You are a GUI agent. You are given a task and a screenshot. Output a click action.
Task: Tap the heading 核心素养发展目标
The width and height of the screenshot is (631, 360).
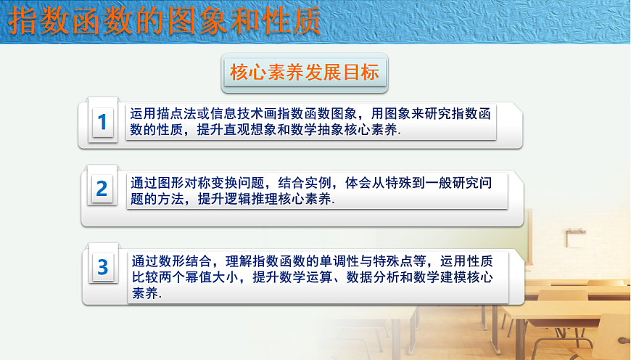(x=305, y=72)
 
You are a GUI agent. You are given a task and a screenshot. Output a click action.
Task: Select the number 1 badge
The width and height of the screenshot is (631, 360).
(x=102, y=122)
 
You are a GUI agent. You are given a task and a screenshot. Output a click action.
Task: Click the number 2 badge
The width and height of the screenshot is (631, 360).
(x=102, y=189)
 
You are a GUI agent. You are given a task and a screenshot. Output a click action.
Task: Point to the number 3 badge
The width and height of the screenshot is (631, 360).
(x=102, y=266)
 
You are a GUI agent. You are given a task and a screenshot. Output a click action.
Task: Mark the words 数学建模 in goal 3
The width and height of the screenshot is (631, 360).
(x=432, y=277)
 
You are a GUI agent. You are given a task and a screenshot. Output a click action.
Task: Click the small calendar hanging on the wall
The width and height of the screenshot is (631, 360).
(x=576, y=237)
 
